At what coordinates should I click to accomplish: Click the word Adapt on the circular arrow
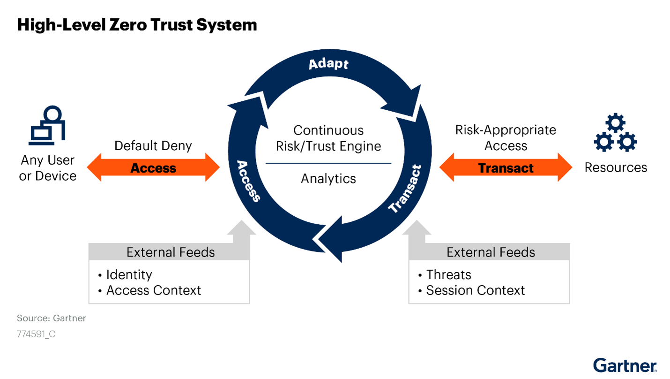point(328,64)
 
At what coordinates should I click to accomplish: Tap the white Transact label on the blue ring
point(405,189)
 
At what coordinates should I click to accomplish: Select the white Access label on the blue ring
point(248,182)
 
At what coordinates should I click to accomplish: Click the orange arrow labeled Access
point(153,167)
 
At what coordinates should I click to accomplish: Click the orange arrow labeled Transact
point(506,167)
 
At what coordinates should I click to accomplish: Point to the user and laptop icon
point(47,125)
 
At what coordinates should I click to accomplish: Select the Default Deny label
point(153,146)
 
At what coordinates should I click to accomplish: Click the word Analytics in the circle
point(328,179)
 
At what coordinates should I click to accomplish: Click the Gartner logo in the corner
point(625,365)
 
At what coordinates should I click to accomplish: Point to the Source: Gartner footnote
point(51,318)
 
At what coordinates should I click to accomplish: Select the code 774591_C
point(36,334)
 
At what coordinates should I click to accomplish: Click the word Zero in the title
point(128,24)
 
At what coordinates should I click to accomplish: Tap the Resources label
point(616,167)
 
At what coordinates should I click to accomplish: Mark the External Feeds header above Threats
point(491,252)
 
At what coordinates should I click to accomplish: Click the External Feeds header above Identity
point(171,252)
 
